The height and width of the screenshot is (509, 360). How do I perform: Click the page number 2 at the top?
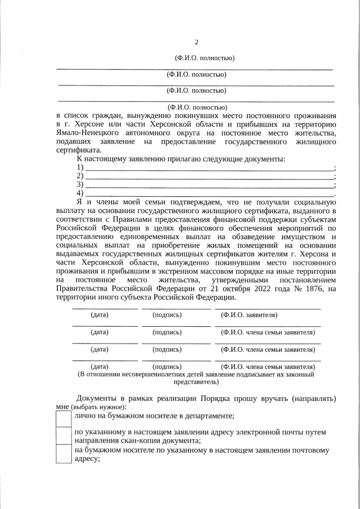coord(196,42)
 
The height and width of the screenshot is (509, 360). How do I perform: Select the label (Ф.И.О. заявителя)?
coord(249,315)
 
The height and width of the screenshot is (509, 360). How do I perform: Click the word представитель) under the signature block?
coord(196,381)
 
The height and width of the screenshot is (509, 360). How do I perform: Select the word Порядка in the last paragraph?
coord(220,398)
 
